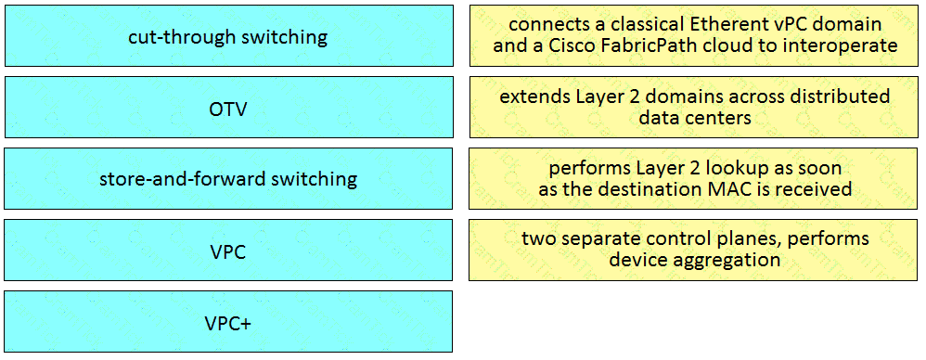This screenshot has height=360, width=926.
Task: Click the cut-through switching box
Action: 228,36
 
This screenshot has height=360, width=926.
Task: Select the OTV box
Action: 228,108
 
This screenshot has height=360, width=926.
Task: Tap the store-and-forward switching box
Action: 228,178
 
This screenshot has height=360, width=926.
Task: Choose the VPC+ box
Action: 228,322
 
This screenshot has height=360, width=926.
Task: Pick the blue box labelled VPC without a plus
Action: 228,251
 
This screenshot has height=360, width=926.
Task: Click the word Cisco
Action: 608,45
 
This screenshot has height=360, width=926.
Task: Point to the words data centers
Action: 695,118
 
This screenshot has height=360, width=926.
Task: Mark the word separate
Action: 599,239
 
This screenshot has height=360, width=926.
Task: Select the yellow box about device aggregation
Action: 694,250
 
